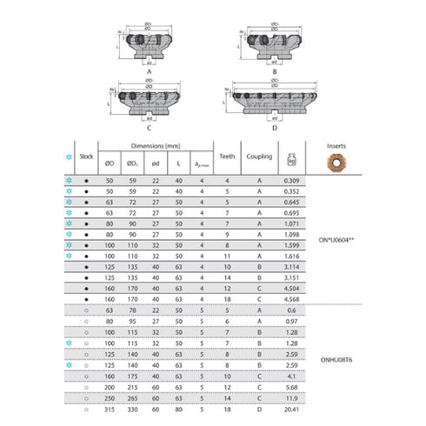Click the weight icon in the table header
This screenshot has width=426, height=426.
290,159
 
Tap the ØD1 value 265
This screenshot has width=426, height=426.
133,396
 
